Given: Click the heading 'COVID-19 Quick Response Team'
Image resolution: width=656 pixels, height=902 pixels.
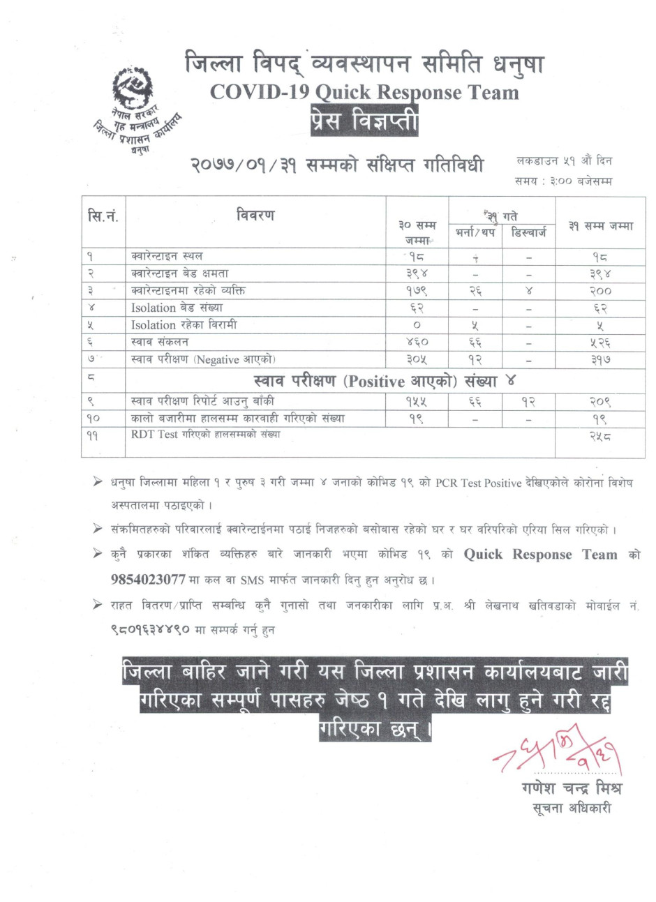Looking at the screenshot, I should click(364, 93).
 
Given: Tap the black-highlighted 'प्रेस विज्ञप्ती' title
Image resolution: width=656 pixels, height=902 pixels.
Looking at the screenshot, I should click(365, 123).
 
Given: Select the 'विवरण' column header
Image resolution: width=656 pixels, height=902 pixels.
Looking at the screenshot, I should click(255, 215).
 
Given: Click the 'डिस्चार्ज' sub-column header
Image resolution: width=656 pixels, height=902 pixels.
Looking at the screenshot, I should click(528, 233).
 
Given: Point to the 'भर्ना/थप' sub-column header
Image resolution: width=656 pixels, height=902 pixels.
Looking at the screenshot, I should click(475, 233).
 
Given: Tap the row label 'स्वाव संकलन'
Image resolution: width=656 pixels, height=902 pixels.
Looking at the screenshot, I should click(160, 342).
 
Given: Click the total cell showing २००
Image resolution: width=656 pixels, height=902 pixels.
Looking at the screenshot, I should click(599, 291).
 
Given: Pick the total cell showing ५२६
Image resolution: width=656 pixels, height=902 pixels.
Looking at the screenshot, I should click(599, 343).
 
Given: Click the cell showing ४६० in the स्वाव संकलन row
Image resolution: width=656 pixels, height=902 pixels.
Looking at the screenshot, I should click(417, 343).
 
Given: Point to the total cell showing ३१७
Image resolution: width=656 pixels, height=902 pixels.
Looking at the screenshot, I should click(599, 360).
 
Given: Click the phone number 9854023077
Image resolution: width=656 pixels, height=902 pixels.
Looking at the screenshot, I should click(148, 579).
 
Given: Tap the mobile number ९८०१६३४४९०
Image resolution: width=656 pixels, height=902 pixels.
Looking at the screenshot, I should click(147, 630).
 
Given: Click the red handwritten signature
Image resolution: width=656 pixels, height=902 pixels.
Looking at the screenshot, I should click(558, 752).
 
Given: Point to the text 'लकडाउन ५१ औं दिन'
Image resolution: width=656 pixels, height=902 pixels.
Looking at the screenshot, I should click(564, 161).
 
